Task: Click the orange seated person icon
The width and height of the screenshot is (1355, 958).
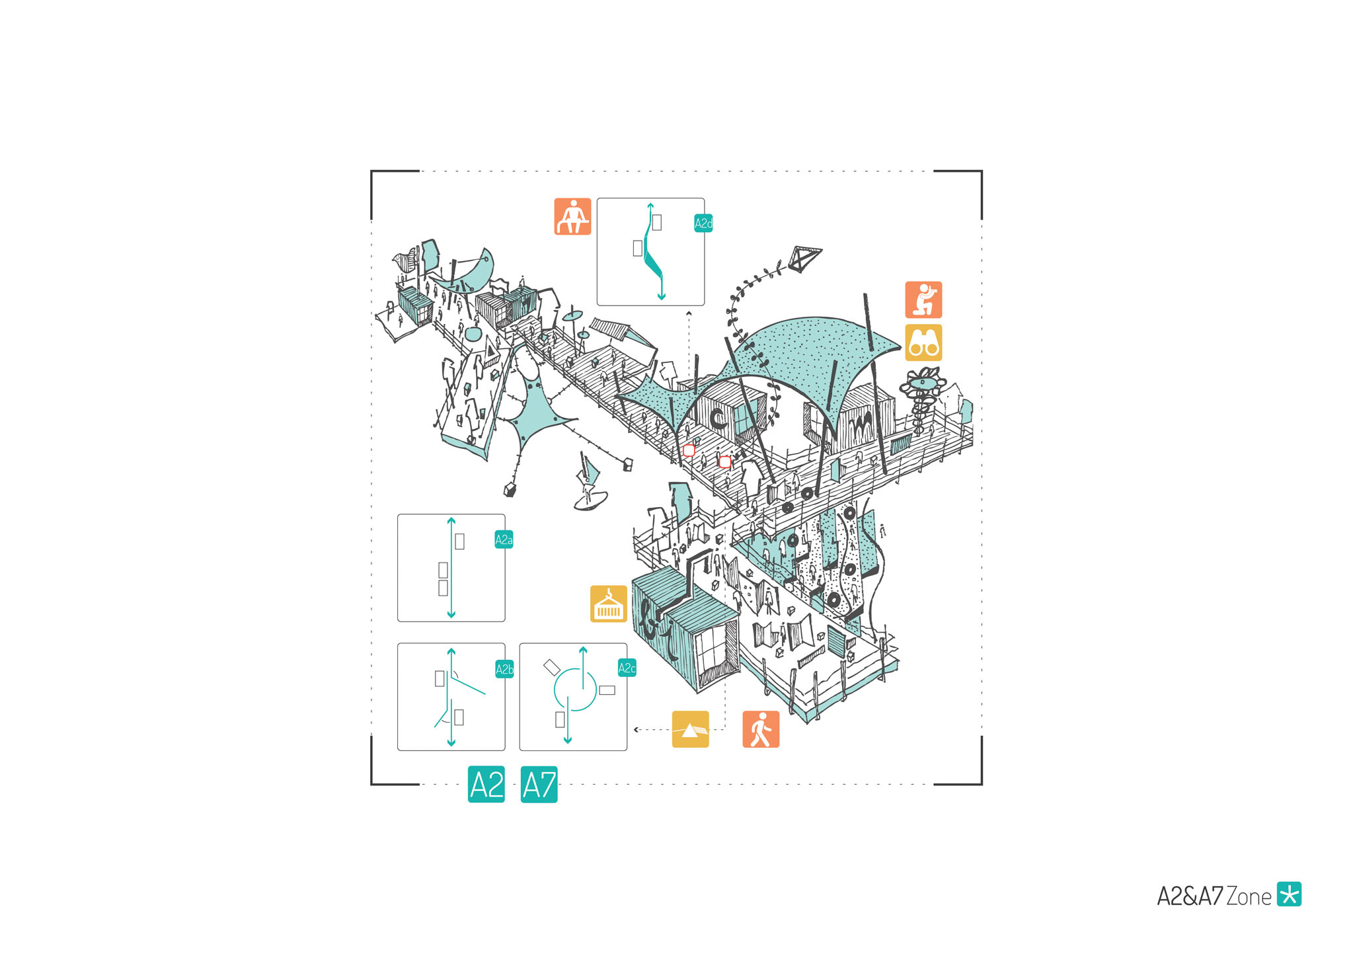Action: pyautogui.click(x=572, y=216)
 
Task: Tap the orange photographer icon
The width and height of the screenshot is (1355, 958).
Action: pyautogui.click(x=923, y=299)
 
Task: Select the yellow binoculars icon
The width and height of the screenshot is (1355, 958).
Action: pyautogui.click(x=923, y=342)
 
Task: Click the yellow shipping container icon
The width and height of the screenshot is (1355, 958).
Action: pyautogui.click(x=608, y=604)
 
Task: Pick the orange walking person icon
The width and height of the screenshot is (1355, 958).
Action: pyautogui.click(x=761, y=729)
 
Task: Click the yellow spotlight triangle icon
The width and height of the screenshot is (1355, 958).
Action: pyautogui.click(x=690, y=729)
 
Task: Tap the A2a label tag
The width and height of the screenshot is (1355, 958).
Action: pyautogui.click(x=504, y=539)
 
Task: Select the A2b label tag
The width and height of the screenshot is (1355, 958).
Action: pyautogui.click(x=504, y=669)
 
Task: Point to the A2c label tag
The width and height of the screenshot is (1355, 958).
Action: pyautogui.click(x=627, y=668)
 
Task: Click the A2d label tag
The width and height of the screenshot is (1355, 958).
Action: pyautogui.click(x=703, y=223)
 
